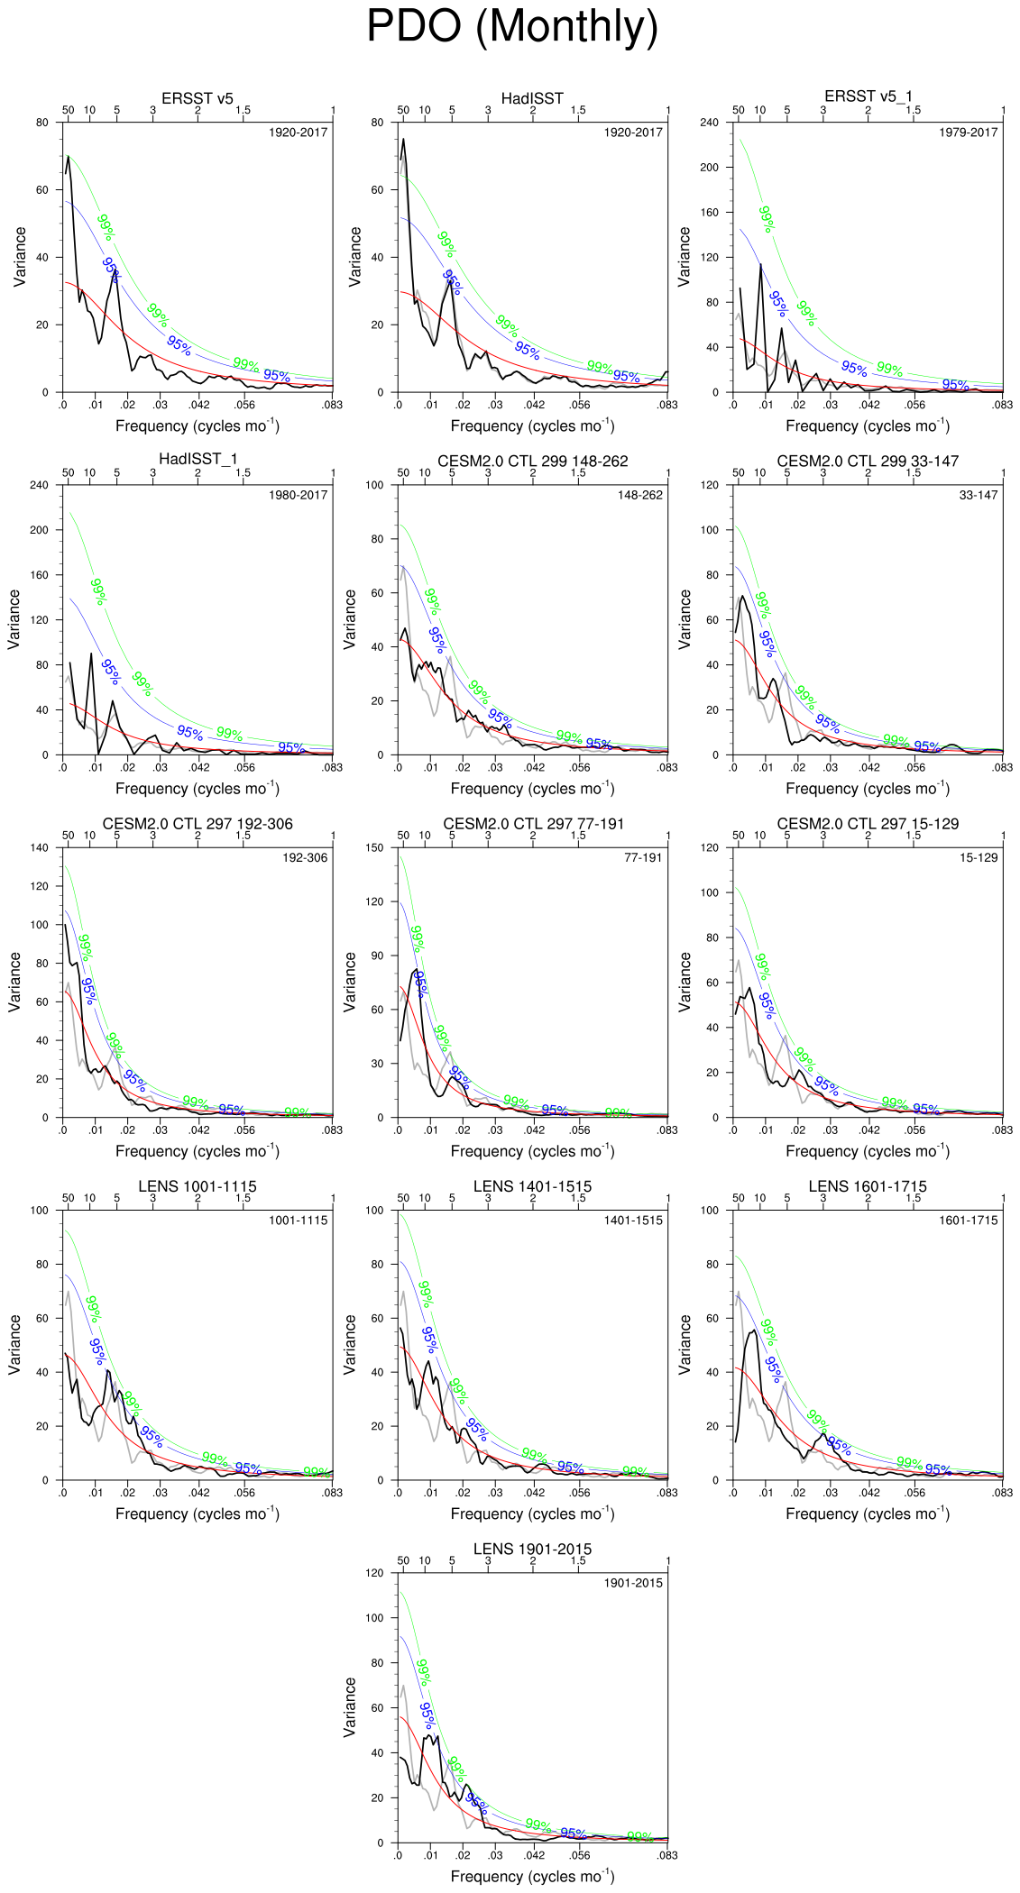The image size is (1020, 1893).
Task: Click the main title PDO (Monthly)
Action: click(511, 27)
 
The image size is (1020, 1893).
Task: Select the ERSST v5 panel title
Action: click(198, 98)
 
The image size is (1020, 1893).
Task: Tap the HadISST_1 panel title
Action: click(198, 460)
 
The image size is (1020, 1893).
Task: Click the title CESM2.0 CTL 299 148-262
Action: click(532, 461)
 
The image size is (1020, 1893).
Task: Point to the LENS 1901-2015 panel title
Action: click(532, 1549)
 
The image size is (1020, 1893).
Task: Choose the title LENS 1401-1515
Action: click(532, 1186)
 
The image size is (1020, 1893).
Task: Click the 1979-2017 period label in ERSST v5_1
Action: click(968, 133)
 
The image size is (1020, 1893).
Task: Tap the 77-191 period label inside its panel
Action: click(643, 857)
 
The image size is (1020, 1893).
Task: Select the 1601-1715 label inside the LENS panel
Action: click(968, 1221)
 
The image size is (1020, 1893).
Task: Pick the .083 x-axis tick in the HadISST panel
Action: click(666, 406)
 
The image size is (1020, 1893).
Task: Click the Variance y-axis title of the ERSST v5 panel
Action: click(20, 257)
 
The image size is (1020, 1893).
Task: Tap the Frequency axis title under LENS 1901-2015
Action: click(532, 1877)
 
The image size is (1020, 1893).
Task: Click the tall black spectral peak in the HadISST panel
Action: click(403, 141)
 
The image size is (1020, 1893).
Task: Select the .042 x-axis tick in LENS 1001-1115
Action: click(198, 1493)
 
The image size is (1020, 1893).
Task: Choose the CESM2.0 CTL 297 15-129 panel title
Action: click(868, 824)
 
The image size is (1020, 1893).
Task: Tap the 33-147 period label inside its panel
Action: click(979, 495)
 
